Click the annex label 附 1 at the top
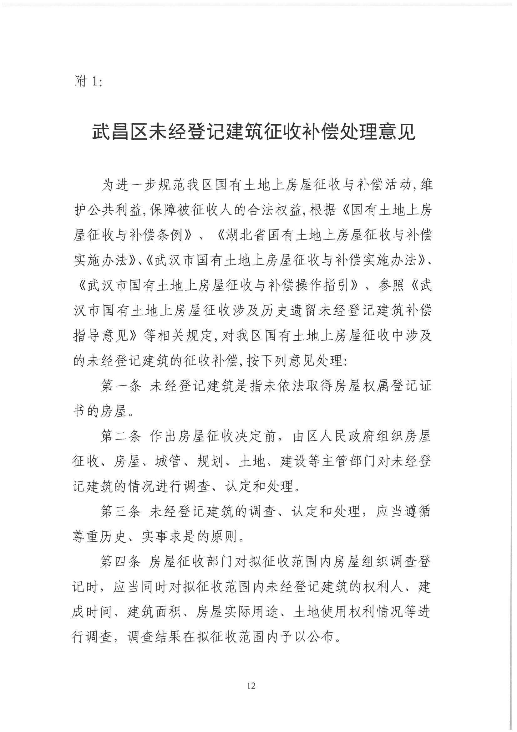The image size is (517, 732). [x=87, y=82]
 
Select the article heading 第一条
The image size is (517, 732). [x=121, y=387]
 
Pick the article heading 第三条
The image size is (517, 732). [x=121, y=512]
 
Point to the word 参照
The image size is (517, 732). [x=392, y=286]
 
